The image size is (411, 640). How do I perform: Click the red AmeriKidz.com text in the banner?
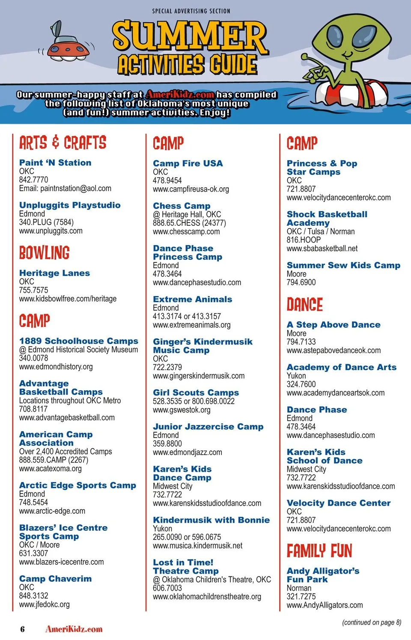180,95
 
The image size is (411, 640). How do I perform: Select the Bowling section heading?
44,253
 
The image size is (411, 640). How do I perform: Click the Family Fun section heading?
319,551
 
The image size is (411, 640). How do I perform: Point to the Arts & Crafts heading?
63,142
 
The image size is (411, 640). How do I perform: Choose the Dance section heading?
305,305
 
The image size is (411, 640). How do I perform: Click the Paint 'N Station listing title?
55,163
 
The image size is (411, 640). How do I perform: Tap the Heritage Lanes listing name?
54,273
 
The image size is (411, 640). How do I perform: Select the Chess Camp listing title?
182,206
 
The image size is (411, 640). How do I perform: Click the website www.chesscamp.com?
186,231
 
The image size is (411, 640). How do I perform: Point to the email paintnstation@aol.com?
65,188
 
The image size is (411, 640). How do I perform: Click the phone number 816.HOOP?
304,240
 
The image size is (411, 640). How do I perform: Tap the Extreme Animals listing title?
193,299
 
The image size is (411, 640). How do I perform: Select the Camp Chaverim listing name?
55,578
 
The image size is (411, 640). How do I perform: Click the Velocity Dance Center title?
339,503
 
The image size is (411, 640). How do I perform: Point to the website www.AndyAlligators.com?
325,605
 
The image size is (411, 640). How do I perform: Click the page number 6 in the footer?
22,629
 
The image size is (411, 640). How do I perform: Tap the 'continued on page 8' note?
372,622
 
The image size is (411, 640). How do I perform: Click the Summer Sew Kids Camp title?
343,265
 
